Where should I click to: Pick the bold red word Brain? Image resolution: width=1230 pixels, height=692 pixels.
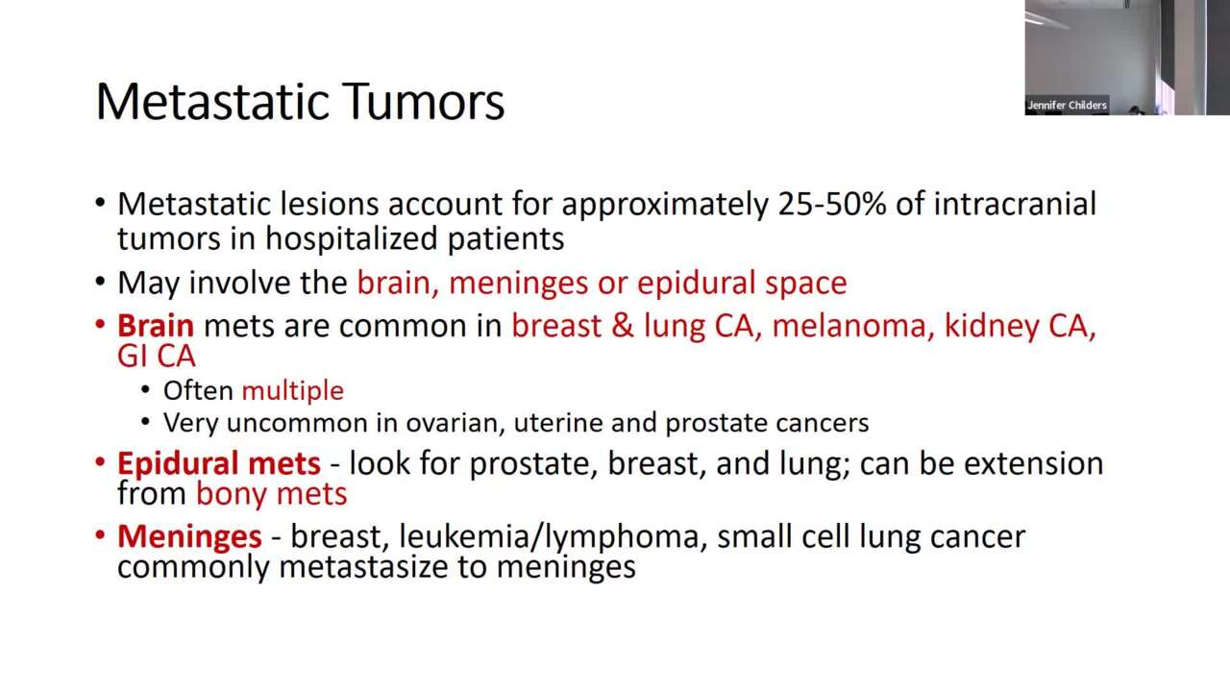coord(156,326)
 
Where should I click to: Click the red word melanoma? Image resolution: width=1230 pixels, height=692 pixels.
coord(852,326)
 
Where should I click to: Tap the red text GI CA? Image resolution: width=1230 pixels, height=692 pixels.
coord(157,357)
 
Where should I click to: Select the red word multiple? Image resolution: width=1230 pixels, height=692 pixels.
coord(292,390)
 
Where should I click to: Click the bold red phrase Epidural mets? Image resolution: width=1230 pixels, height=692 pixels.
coord(219,463)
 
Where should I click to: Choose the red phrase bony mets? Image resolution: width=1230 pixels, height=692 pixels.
coord(272,494)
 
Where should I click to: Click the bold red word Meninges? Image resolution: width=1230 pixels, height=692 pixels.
coord(189,535)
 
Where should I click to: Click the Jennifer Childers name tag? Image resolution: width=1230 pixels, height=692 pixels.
coord(1067,105)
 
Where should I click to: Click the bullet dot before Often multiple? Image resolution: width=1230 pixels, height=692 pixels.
coord(145,391)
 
